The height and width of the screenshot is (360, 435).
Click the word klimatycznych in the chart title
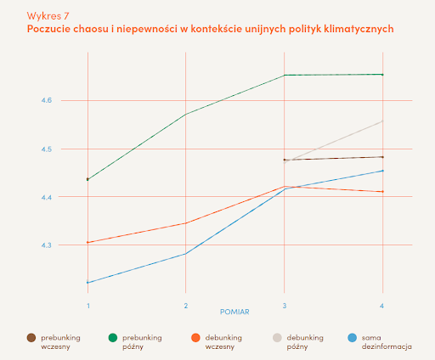point(356,29)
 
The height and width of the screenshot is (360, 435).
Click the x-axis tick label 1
point(88,305)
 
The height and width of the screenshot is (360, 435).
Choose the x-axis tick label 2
point(185,305)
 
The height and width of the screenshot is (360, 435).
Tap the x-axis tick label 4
point(382,305)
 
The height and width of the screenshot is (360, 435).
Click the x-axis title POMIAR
point(234,312)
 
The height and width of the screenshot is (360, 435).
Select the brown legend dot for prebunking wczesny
point(31,337)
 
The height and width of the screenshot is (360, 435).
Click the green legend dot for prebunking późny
point(114,337)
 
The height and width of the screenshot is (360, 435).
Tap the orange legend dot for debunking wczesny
point(195,337)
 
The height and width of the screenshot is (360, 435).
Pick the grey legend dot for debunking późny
point(277,337)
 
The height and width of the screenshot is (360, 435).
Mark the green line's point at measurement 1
point(88,179)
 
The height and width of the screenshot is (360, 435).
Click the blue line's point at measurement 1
point(88,282)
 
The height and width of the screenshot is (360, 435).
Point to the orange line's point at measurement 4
point(382,192)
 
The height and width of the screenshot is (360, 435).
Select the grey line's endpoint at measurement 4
point(382,121)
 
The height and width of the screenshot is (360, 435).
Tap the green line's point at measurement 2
point(185,114)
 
